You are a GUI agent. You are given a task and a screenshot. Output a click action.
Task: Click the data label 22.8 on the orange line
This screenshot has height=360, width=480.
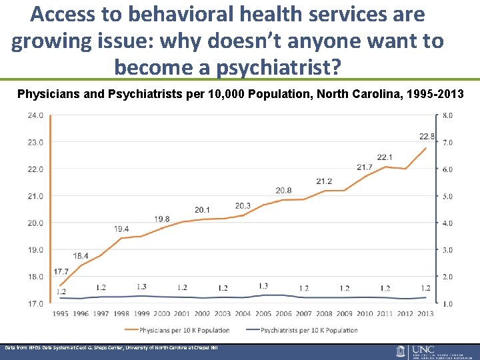pos(427,137)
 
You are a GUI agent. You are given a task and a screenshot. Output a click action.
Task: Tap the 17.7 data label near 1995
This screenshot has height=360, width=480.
pos(61,271)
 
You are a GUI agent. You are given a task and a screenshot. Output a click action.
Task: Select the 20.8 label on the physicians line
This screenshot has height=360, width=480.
pos(283,191)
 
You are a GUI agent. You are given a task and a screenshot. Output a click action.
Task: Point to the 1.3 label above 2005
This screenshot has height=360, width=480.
pos(263,286)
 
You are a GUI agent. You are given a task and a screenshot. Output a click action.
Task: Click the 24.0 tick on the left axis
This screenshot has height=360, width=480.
pos(35,115)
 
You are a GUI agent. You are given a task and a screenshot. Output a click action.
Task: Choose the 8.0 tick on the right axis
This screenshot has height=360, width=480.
pos(448,115)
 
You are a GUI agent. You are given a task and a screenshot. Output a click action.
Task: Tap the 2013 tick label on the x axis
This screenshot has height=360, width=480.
pos(425,313)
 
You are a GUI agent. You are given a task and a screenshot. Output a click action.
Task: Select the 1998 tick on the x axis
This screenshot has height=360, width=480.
pos(121,313)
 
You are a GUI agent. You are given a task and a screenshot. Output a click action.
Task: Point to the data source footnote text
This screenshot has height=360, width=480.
pos(111,348)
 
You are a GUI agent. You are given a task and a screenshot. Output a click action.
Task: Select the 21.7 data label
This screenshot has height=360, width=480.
pos(365,167)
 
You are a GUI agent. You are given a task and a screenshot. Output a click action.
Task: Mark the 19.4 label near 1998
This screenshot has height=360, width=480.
pos(121,229)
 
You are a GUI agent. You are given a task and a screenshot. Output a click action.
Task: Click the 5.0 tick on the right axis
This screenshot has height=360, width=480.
pos(448,196)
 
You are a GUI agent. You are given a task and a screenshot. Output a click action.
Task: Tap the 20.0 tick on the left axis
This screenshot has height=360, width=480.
pos(35,223)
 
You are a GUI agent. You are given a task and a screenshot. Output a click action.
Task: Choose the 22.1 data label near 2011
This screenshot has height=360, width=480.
pos(385,157)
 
